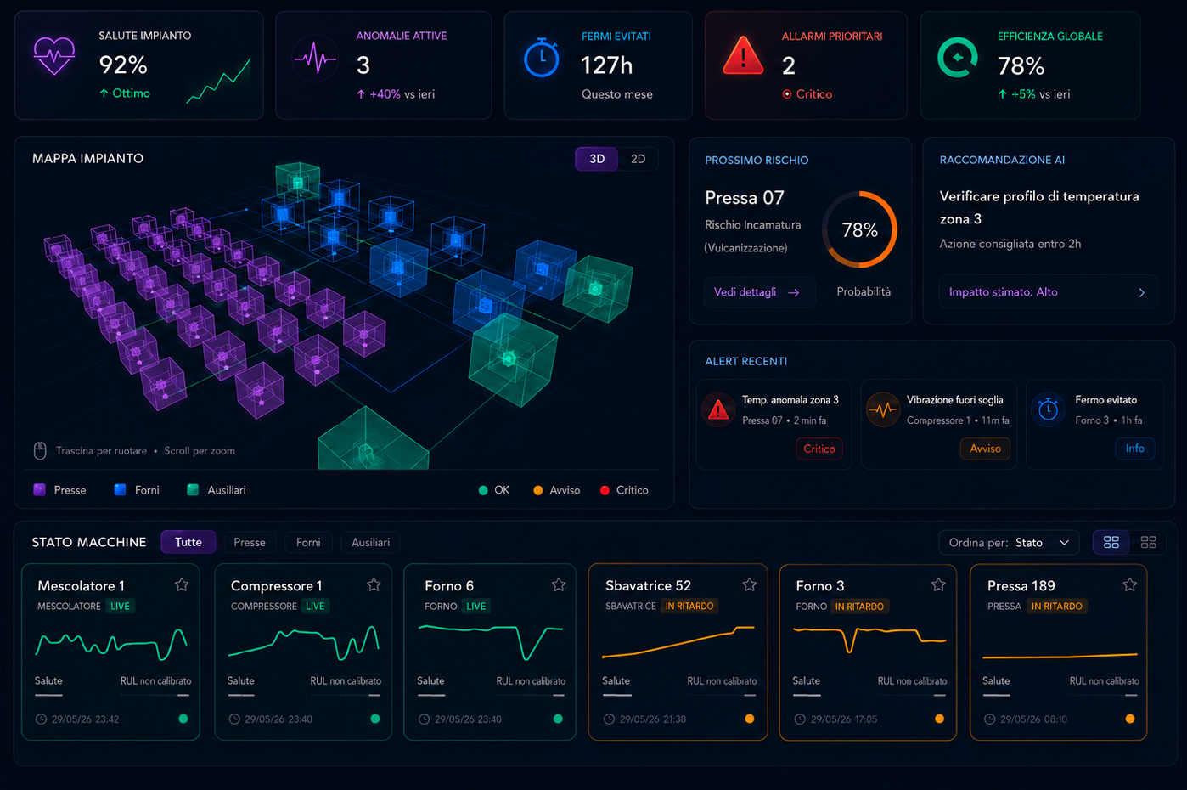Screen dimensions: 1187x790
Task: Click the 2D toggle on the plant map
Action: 638,159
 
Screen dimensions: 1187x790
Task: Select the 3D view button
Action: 597,159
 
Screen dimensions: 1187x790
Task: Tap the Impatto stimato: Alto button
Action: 1048,291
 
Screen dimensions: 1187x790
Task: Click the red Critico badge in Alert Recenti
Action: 819,449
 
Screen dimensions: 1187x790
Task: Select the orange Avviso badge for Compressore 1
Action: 985,449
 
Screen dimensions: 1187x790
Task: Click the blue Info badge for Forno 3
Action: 1134,448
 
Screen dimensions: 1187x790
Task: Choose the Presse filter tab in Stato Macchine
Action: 250,543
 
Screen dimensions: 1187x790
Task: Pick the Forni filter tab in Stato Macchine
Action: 308,543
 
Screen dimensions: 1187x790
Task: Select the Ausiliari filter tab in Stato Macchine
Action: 370,543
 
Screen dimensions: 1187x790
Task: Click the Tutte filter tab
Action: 188,542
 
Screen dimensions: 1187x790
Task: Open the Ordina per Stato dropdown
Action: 1009,543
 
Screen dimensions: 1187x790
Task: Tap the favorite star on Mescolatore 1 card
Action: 182,584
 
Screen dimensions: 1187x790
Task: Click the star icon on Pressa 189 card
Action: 1130,584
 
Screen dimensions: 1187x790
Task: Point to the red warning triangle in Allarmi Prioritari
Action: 743,56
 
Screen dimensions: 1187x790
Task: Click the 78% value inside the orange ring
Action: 859,230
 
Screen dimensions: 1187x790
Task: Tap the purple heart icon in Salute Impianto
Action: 54,56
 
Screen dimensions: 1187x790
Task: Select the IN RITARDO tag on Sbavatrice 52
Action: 689,606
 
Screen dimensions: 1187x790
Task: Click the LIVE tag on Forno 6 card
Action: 475,606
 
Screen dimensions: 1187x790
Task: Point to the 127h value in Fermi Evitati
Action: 607,65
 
